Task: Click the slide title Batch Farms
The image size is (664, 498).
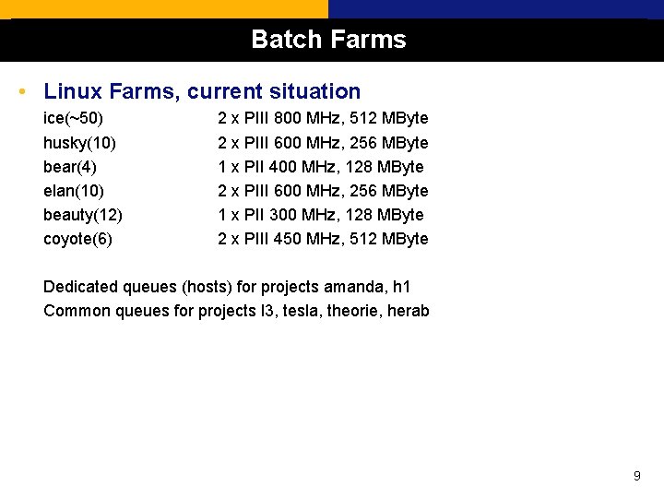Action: coord(328,40)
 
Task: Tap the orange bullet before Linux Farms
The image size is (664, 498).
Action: coord(21,92)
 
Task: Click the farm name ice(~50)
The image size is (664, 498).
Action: coord(74,119)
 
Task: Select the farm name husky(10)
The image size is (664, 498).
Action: coord(79,143)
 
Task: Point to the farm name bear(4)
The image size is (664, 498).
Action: coord(70,167)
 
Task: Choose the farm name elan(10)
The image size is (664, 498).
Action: coord(74,191)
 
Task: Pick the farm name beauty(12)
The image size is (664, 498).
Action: coord(83,215)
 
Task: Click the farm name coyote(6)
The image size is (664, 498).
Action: coord(77,239)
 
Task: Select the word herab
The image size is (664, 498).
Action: coord(409,311)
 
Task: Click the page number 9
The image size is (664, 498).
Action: coord(636,476)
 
